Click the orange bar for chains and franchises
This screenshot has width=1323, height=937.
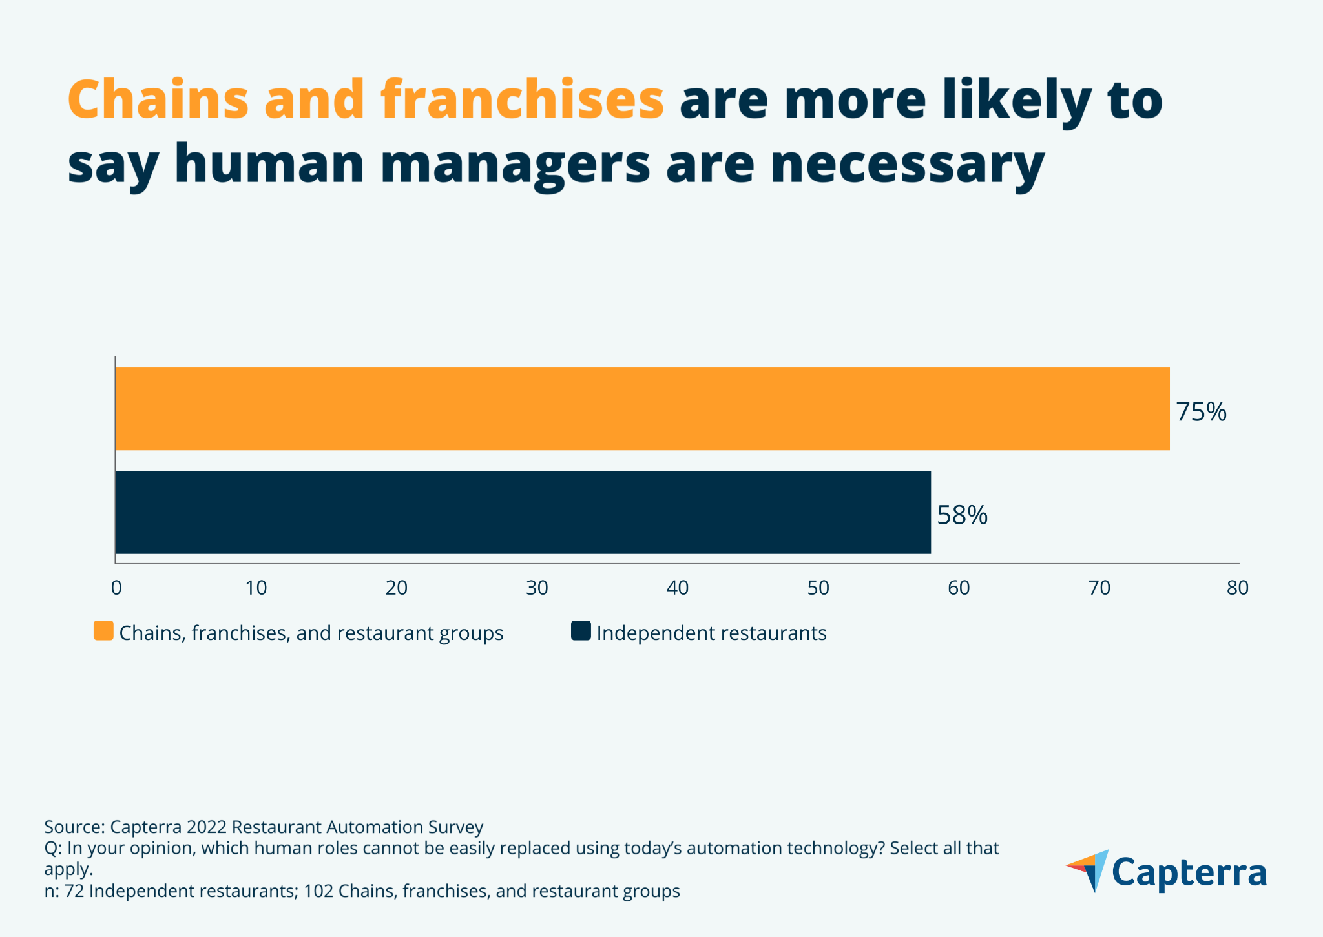pos(642,409)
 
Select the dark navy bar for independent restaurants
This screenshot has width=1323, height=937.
pos(523,512)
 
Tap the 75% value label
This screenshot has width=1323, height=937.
pos(1200,412)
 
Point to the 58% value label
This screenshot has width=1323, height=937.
pos(962,515)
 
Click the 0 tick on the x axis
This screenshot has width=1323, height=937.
pos(116,588)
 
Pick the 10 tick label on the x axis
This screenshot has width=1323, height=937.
pos(256,588)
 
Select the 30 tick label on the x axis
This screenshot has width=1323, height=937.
pos(537,588)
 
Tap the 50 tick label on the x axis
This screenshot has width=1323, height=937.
pos(818,588)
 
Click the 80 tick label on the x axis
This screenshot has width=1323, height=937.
pos(1238,588)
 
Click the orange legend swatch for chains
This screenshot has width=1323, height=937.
pos(103,631)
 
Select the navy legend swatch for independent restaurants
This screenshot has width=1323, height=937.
pos(581,631)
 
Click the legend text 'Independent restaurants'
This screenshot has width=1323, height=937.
pos(711,633)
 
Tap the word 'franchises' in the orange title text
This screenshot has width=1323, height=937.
pos(522,100)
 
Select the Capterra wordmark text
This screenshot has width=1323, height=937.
pos(1189,873)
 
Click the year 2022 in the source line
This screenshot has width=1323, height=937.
pos(206,827)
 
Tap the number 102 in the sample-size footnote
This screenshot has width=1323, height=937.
pos(318,891)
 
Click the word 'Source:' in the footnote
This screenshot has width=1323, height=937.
pos(74,827)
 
